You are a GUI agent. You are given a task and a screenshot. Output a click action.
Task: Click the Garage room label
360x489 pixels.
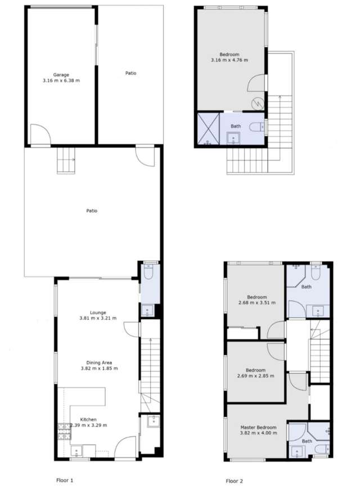coord(61,74)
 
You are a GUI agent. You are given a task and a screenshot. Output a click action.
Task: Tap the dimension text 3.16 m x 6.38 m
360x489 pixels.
coord(61,80)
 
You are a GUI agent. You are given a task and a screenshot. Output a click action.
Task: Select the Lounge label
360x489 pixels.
coord(97,313)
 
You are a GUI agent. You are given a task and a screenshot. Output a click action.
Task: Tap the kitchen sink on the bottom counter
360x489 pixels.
coord(77,449)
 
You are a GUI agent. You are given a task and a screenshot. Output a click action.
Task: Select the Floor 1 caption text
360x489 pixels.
coord(65,481)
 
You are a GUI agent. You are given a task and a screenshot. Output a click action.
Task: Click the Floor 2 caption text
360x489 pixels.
coord(235,481)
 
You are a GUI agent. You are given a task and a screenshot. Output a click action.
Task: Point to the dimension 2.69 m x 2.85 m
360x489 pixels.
coord(255,376)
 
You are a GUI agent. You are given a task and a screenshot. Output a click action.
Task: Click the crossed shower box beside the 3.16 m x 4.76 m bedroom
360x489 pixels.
coord(208,130)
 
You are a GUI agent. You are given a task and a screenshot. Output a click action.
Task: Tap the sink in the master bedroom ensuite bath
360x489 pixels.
coord(296,450)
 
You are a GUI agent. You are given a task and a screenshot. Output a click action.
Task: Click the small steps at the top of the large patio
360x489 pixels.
coord(66,160)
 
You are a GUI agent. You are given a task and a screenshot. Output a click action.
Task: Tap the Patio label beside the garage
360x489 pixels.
coord(130,73)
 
